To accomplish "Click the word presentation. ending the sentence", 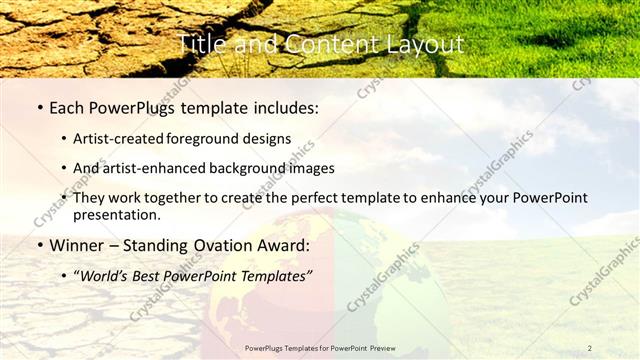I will point(116,215).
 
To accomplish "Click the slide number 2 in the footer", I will point(589,348).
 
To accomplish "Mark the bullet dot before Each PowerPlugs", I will point(39,107).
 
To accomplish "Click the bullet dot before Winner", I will point(39,246).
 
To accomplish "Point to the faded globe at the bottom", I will point(320,290).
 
